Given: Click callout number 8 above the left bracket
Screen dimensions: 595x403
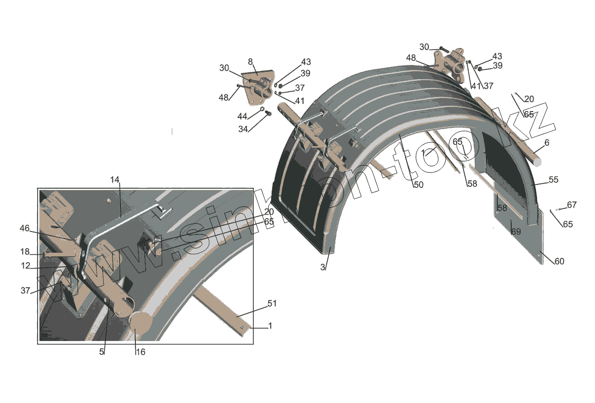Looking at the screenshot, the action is click(x=250, y=61).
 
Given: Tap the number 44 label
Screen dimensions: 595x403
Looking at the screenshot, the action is click(x=242, y=116).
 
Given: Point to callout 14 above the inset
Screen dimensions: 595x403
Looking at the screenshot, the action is click(x=115, y=180).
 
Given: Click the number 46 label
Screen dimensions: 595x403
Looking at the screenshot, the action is click(x=25, y=228).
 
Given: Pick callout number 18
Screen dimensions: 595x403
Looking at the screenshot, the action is click(x=25, y=251).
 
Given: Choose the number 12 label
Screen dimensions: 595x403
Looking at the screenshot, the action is click(x=25, y=266).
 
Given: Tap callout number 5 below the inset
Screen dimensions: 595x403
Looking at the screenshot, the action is click(x=101, y=351).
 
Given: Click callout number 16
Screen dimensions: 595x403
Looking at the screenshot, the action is click(x=140, y=352).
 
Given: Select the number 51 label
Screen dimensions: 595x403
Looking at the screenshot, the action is click(x=272, y=303).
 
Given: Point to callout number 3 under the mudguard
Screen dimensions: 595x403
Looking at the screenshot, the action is click(x=322, y=267).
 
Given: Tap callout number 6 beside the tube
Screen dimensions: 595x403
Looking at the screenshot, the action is click(x=547, y=143).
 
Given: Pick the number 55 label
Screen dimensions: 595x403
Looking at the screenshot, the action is click(x=553, y=180).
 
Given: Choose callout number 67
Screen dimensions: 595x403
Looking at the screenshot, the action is click(x=572, y=205).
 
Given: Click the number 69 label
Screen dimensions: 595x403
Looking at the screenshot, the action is click(x=516, y=232).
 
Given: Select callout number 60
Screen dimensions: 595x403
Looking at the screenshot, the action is click(x=559, y=261).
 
